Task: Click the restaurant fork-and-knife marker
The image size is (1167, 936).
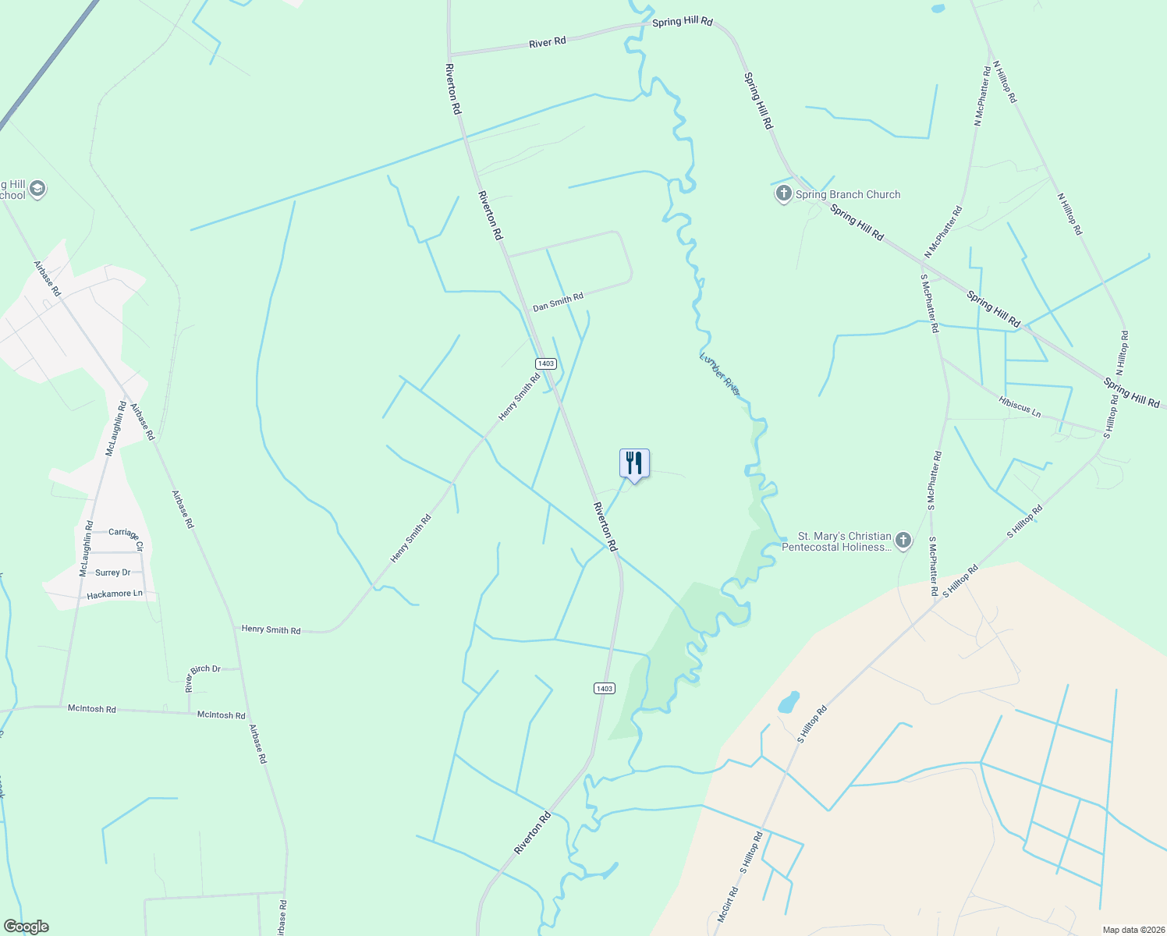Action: pyautogui.click(x=634, y=463)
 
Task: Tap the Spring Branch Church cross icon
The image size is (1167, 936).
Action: pyautogui.click(x=783, y=193)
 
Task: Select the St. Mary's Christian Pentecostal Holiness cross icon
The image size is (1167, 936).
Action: pyautogui.click(x=903, y=541)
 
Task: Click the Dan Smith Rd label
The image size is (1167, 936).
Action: pyautogui.click(x=558, y=303)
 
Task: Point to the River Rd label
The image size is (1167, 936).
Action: pyautogui.click(x=547, y=42)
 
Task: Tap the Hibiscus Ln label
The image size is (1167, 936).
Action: pyautogui.click(x=1020, y=406)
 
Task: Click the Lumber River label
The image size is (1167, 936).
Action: pyautogui.click(x=719, y=373)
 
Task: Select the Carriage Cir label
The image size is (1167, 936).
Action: pyautogui.click(x=126, y=534)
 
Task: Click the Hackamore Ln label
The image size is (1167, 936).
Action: pyautogui.click(x=115, y=594)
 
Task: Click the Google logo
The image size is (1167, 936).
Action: pyautogui.click(x=26, y=927)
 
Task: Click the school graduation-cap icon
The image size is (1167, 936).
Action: pyautogui.click(x=37, y=189)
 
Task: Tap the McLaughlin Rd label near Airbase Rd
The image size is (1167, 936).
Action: pyautogui.click(x=115, y=429)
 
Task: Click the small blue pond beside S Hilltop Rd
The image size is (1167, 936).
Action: pyautogui.click(x=789, y=702)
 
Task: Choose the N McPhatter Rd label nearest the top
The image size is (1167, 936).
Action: pyautogui.click(x=981, y=96)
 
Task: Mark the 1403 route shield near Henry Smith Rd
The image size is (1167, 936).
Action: pyautogui.click(x=545, y=363)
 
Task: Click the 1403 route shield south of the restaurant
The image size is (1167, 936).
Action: pyautogui.click(x=604, y=688)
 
